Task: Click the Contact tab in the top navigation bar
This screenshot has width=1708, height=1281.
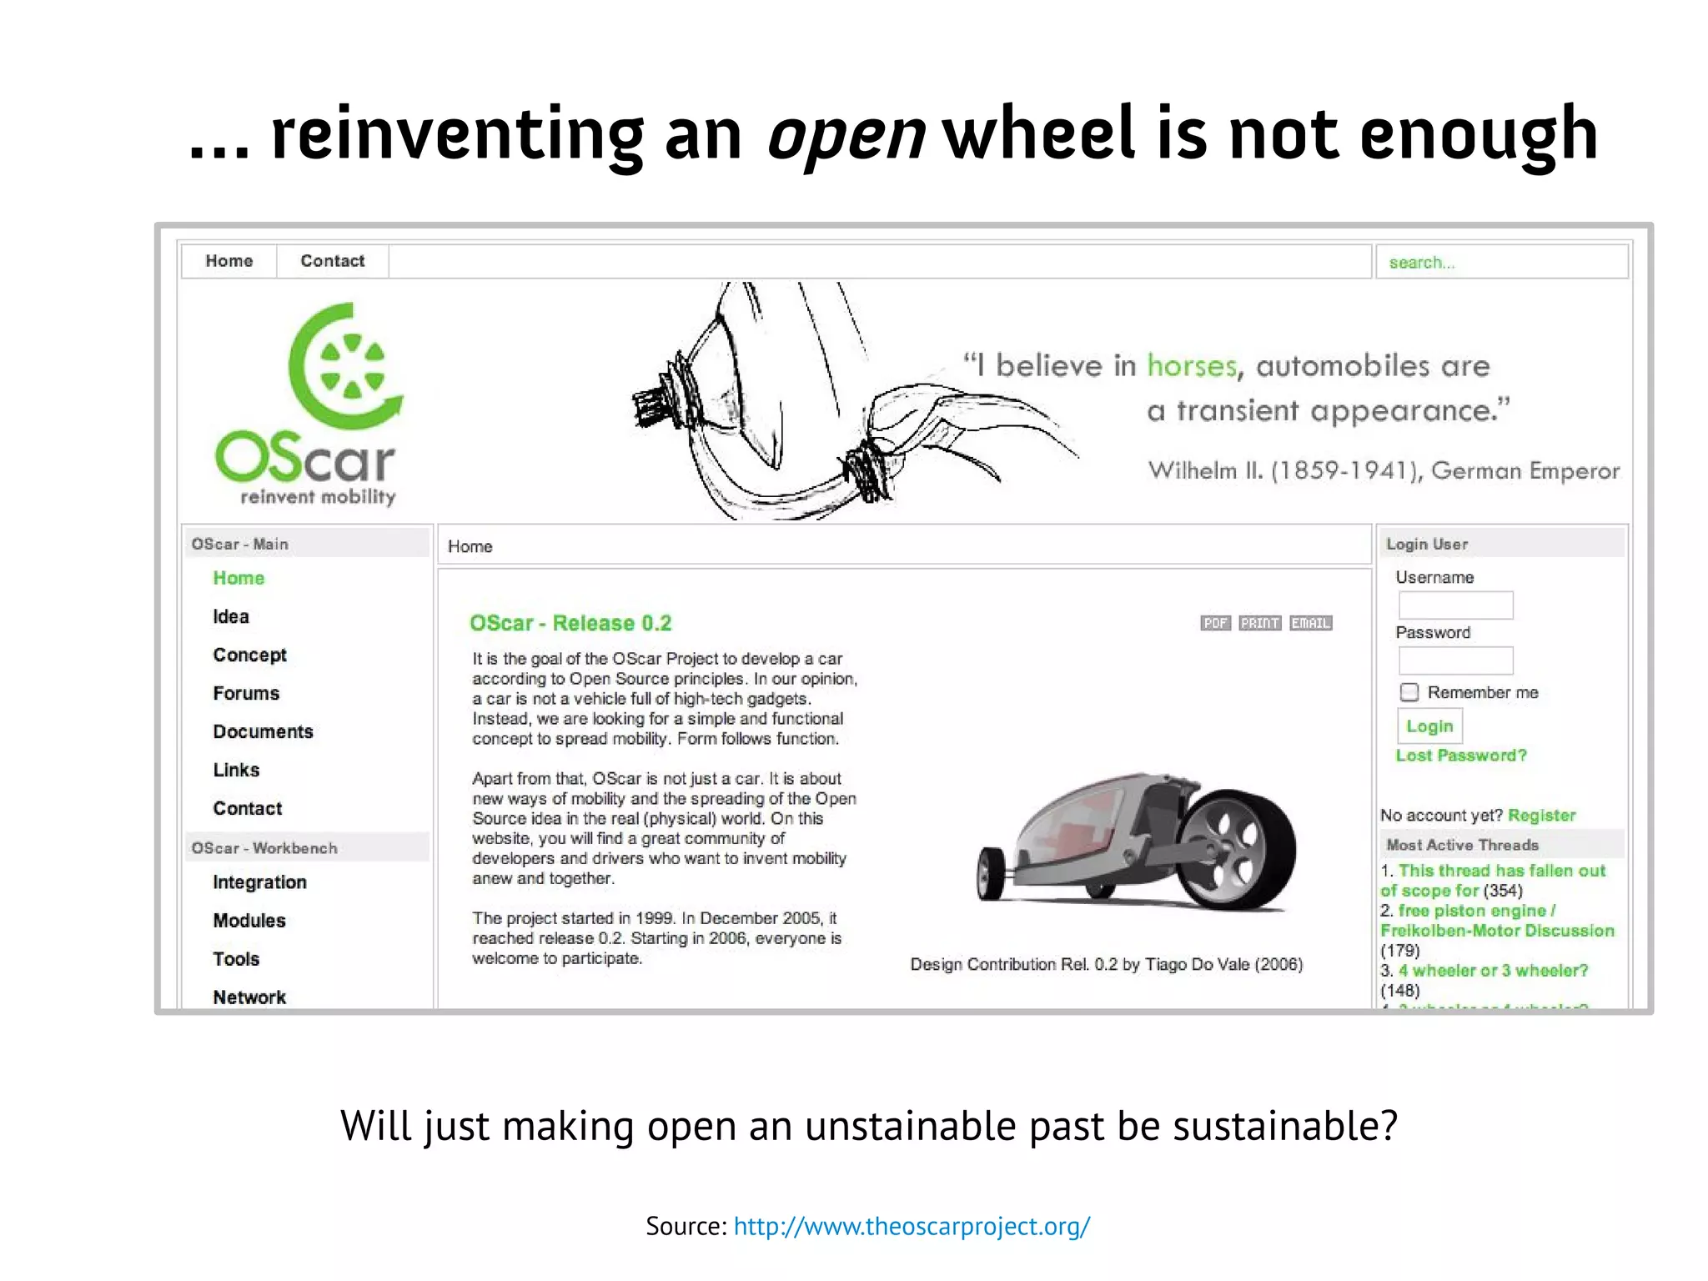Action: pyautogui.click(x=332, y=261)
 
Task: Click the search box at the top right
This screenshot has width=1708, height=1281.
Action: pyautogui.click(x=1500, y=262)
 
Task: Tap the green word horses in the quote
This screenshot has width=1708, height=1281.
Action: pyautogui.click(x=1192, y=366)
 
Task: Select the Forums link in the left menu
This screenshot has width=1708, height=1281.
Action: pyautogui.click(x=246, y=693)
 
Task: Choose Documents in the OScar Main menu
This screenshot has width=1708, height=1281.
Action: pyautogui.click(x=263, y=731)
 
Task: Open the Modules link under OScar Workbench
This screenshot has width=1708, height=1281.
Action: pyautogui.click(x=249, y=921)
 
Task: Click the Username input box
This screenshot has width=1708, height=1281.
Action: pyautogui.click(x=1455, y=605)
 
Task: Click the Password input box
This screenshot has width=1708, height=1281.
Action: pyautogui.click(x=1455, y=661)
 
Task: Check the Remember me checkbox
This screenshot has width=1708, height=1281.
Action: pyautogui.click(x=1409, y=692)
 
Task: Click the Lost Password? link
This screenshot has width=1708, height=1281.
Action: pyautogui.click(x=1461, y=756)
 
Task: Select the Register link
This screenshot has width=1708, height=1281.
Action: pyautogui.click(x=1542, y=816)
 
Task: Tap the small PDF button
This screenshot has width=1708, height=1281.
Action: pyautogui.click(x=1215, y=623)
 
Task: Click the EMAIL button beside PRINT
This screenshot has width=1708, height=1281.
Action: pyautogui.click(x=1310, y=623)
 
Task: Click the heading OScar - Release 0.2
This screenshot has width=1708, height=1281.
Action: pyautogui.click(x=570, y=623)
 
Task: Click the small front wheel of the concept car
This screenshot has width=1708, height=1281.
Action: pyautogui.click(x=992, y=874)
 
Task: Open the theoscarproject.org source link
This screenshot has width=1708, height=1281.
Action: pyautogui.click(x=912, y=1226)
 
